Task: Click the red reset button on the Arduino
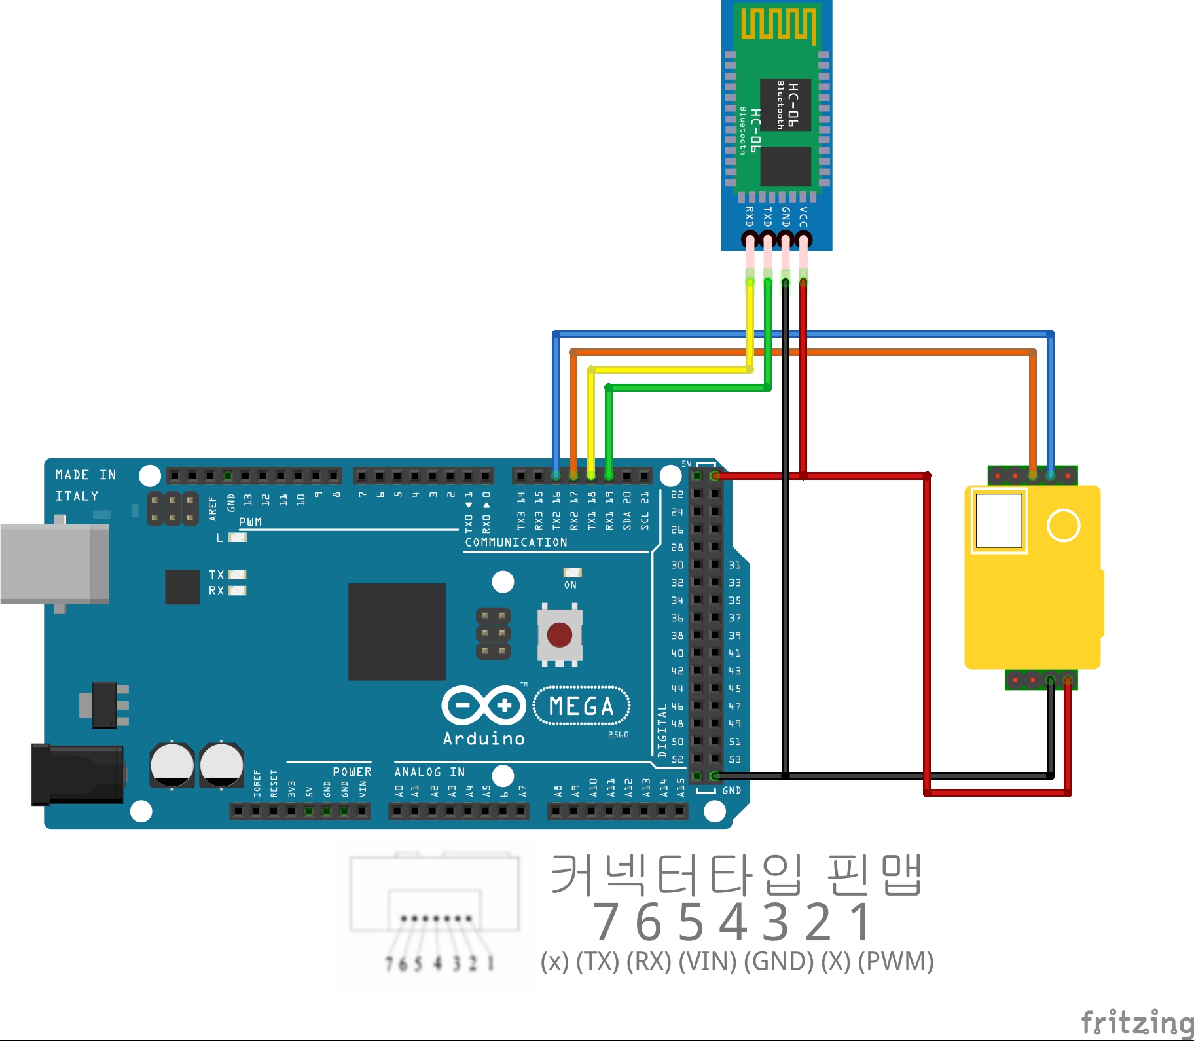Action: pyautogui.click(x=559, y=634)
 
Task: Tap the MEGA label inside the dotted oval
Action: pyautogui.click(x=581, y=706)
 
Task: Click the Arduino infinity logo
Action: pyautogui.click(x=484, y=705)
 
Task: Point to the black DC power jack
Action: pyautogui.click(x=77, y=774)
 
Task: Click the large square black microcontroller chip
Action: pyautogui.click(x=397, y=631)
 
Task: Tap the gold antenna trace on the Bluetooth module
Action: pyautogui.click(x=778, y=25)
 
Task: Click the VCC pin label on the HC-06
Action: pyautogui.click(x=803, y=217)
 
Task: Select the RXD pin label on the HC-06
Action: pyautogui.click(x=750, y=217)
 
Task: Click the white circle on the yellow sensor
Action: pyautogui.click(x=1063, y=525)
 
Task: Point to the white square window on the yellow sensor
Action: pyautogui.click(x=998, y=520)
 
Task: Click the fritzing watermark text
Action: pyautogui.click(x=1137, y=1023)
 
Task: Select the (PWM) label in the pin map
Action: pyautogui.click(x=895, y=961)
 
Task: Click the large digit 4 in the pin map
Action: pyautogui.click(x=734, y=922)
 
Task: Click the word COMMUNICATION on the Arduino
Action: pyautogui.click(x=516, y=542)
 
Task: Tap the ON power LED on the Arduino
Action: pyautogui.click(x=572, y=573)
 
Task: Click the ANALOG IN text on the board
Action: pyautogui.click(x=429, y=772)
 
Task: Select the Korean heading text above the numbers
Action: pyautogui.click(x=736, y=875)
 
